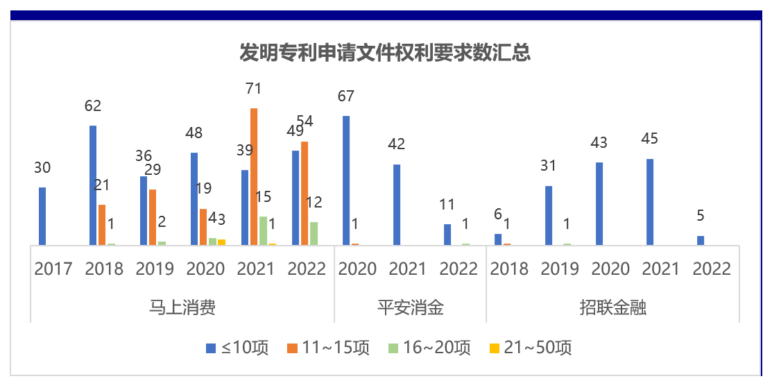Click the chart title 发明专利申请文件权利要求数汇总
point(385,53)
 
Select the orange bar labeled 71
point(254,176)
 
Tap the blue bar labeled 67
point(346,180)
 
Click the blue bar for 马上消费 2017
point(42,216)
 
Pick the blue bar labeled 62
point(93,185)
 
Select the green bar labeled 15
point(263,230)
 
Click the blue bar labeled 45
point(650,202)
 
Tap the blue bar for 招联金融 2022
point(701,240)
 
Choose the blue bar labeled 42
point(397,205)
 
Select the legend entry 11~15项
point(328,348)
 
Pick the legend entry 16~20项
point(429,348)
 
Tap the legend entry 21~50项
point(531,348)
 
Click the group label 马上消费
point(182,307)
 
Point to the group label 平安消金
point(410,307)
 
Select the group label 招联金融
point(613,307)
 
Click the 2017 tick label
point(53,269)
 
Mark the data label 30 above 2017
point(42,168)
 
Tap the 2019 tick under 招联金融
point(560,269)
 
